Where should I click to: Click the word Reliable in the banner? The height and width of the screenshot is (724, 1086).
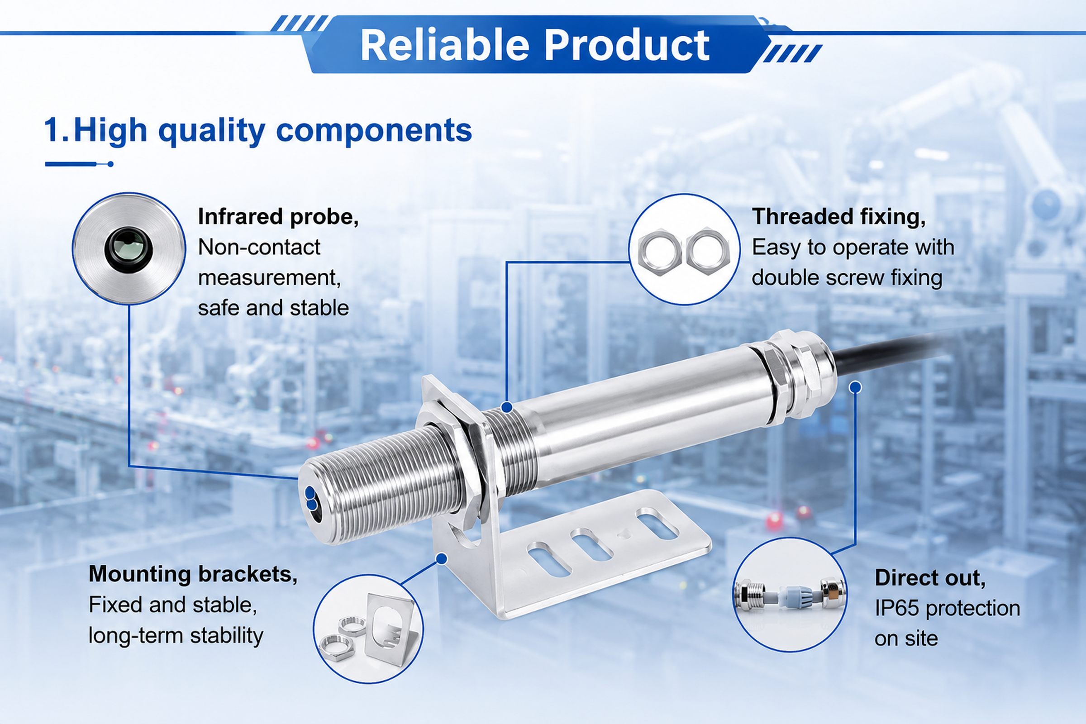(445, 45)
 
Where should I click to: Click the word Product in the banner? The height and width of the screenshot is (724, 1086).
(627, 45)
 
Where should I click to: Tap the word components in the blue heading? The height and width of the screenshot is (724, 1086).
(374, 131)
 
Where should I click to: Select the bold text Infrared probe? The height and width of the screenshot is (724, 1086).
(278, 217)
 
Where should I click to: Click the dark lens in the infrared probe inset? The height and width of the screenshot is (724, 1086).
(129, 248)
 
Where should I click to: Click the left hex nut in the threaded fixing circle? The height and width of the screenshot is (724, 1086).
(659, 252)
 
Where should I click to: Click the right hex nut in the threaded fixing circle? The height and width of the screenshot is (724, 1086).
(708, 251)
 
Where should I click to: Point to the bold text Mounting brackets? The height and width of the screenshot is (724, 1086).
(193, 574)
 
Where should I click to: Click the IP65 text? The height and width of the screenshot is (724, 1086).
(898, 608)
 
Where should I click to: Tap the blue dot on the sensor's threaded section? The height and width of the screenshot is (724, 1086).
(506, 407)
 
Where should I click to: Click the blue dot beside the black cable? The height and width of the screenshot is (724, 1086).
(855, 387)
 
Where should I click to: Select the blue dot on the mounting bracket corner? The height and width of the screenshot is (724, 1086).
(442, 559)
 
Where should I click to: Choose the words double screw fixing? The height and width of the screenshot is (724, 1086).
(847, 278)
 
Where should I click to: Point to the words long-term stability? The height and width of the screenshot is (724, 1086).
(176, 636)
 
